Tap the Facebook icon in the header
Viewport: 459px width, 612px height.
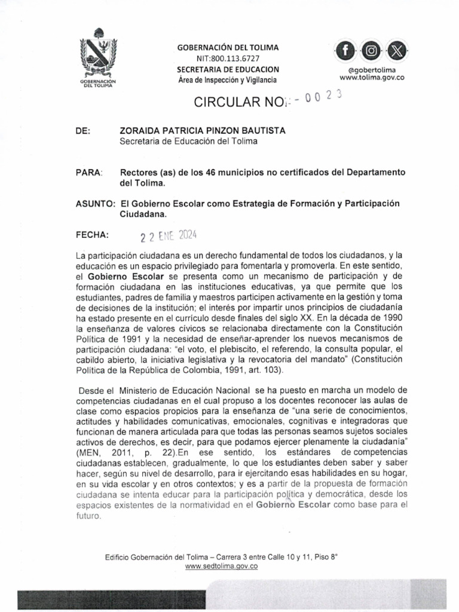(348, 51)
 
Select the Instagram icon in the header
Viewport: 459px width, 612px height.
(372, 51)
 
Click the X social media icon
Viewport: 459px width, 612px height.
(395, 51)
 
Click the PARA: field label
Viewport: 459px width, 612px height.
(90, 172)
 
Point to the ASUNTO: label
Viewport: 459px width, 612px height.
(94, 203)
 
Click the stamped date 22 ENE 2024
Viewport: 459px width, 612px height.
(169, 235)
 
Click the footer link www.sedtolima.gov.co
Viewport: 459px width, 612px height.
(221, 565)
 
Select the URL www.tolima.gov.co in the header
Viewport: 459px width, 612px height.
(372, 77)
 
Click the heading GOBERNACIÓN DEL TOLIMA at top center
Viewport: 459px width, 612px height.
(228, 47)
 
